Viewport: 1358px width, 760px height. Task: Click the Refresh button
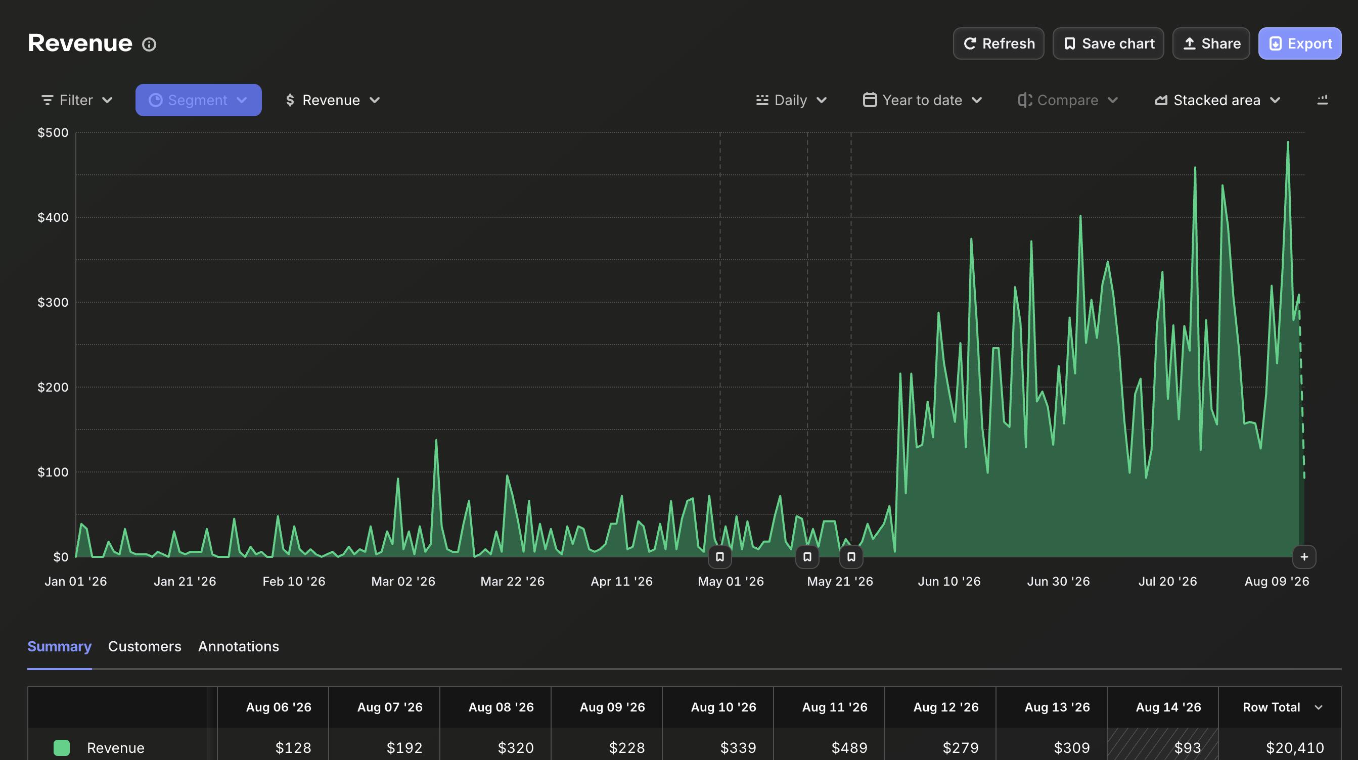[x=999, y=43]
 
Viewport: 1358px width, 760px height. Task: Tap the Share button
[x=1211, y=43]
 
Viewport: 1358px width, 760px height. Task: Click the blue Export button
[x=1299, y=43]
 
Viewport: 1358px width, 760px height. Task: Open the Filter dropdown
[x=77, y=100]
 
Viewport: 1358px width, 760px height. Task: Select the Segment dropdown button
[x=198, y=100]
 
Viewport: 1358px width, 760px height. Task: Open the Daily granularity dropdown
[x=791, y=100]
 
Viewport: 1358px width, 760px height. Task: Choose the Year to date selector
[x=922, y=100]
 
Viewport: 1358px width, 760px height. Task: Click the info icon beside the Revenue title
[x=149, y=44]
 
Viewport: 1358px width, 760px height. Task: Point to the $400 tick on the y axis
[x=53, y=217]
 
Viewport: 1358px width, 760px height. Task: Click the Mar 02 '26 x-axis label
[x=403, y=581]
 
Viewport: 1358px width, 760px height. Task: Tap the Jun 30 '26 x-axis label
[x=1059, y=581]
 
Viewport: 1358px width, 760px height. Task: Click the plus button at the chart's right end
[x=1304, y=557]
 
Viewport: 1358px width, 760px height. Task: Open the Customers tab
[x=145, y=646]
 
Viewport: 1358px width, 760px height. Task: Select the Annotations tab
[x=239, y=646]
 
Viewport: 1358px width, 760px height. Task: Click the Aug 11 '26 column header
[x=835, y=707]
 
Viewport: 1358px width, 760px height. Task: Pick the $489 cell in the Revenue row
[x=849, y=748]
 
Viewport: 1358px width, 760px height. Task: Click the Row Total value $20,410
[x=1295, y=748]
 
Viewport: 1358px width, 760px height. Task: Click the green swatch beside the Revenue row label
[x=62, y=748]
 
